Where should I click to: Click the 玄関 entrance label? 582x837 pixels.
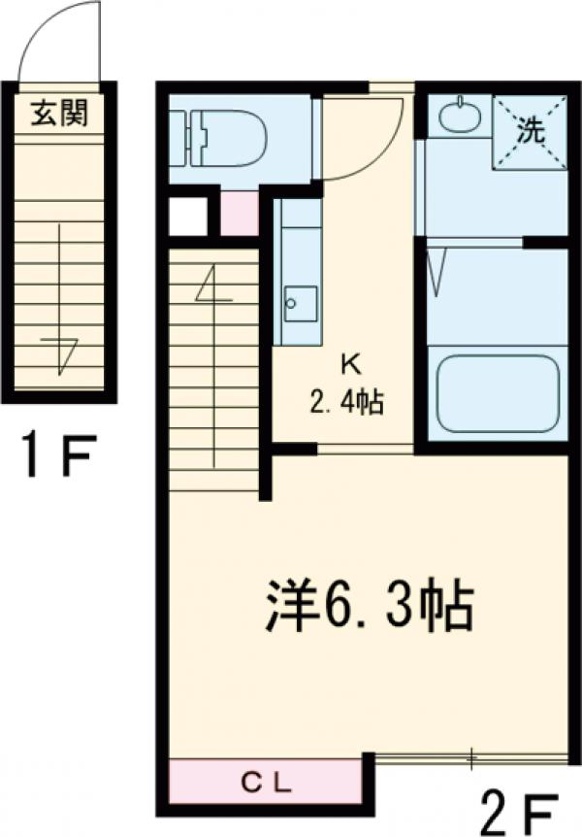coord(59,113)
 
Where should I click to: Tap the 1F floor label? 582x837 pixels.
coord(58,455)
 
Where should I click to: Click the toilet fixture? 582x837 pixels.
coord(218,137)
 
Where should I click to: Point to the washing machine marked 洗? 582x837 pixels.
coord(530,132)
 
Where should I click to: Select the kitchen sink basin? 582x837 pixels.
coord(301,304)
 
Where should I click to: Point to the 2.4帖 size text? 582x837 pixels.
coord(346,403)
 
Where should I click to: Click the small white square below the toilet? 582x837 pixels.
coord(188,217)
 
